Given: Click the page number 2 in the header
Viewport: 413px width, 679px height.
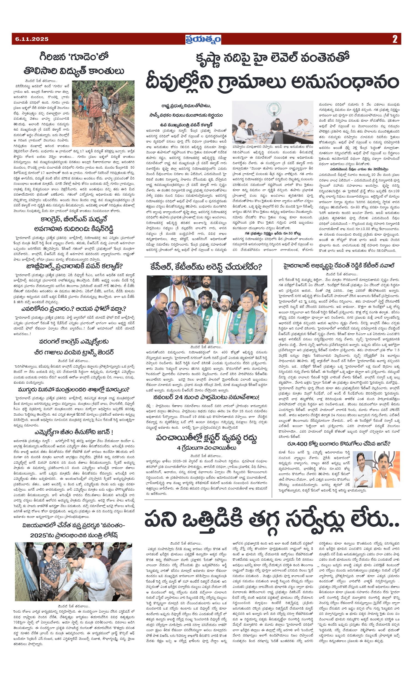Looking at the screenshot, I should pyautogui.click(x=395, y=39).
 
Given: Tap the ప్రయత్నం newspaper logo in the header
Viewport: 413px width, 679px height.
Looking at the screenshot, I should pyautogui.click(x=203, y=39).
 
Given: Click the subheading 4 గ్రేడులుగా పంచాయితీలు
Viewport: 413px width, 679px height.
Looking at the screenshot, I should pyautogui.click(x=206, y=448).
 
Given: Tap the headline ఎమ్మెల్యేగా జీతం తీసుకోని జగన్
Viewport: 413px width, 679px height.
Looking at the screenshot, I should pyautogui.click(x=74, y=432).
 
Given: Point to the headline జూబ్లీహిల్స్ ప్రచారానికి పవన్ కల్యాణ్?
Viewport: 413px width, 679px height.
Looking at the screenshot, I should pyautogui.click(x=74, y=266).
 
